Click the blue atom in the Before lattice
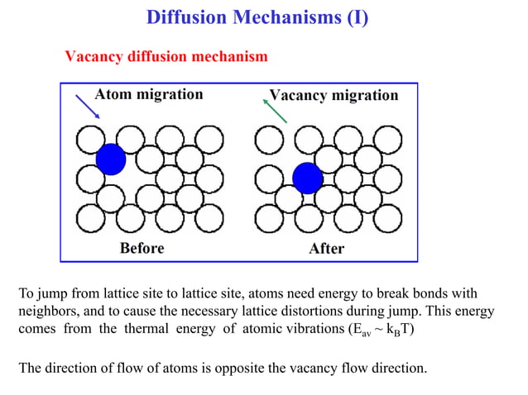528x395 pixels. point(110,158)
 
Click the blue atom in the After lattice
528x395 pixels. point(307,178)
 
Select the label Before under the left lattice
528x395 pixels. point(142,248)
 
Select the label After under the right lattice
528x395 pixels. point(326,248)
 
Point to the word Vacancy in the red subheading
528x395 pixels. point(94,56)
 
